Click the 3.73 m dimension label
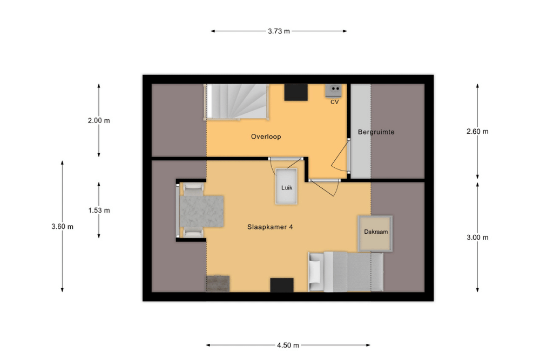point(279,31)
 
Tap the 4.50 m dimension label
point(288,345)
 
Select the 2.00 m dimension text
point(99,120)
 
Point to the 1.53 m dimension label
point(99,210)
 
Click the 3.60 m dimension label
point(62,227)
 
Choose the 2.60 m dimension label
point(477,131)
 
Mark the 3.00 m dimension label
point(477,237)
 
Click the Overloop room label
point(266,137)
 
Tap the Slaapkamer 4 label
point(270,227)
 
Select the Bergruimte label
point(376,132)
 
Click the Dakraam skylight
point(375,234)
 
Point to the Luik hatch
point(286,186)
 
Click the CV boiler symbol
point(333,91)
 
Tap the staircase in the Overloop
point(237,102)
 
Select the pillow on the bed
point(315,271)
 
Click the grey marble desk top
point(202,211)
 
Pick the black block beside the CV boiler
point(296,93)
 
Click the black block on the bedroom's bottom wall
point(282,285)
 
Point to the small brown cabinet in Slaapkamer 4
point(218,283)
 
